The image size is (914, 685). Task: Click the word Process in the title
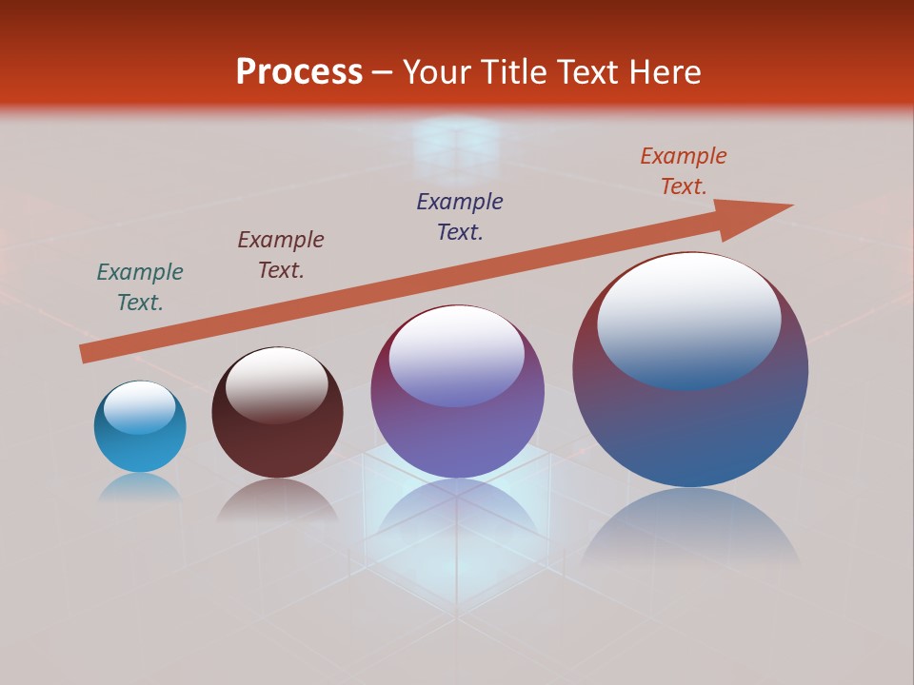point(299,71)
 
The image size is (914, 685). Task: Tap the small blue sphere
point(140,447)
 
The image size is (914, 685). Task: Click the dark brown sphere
point(277,442)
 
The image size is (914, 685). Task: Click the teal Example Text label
point(140,287)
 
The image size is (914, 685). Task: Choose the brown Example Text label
point(281,255)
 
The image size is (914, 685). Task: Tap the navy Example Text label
point(460,217)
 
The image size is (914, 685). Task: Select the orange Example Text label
point(684,171)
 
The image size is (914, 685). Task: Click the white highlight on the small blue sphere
point(140,406)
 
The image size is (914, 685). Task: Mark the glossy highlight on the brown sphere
point(277,383)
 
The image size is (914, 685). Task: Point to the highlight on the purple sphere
point(457,355)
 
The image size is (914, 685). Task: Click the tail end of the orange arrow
point(88,354)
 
